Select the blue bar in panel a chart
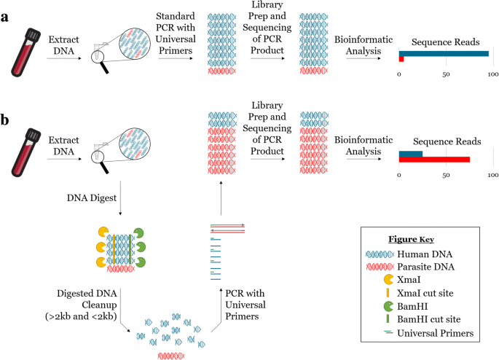pyautogui.click(x=444, y=53)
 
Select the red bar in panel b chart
pyautogui.click(x=434, y=160)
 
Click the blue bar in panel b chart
pyautogui.click(x=411, y=153)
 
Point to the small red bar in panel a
pyautogui.click(x=401, y=59)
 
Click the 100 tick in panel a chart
pyautogui.click(x=492, y=74)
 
